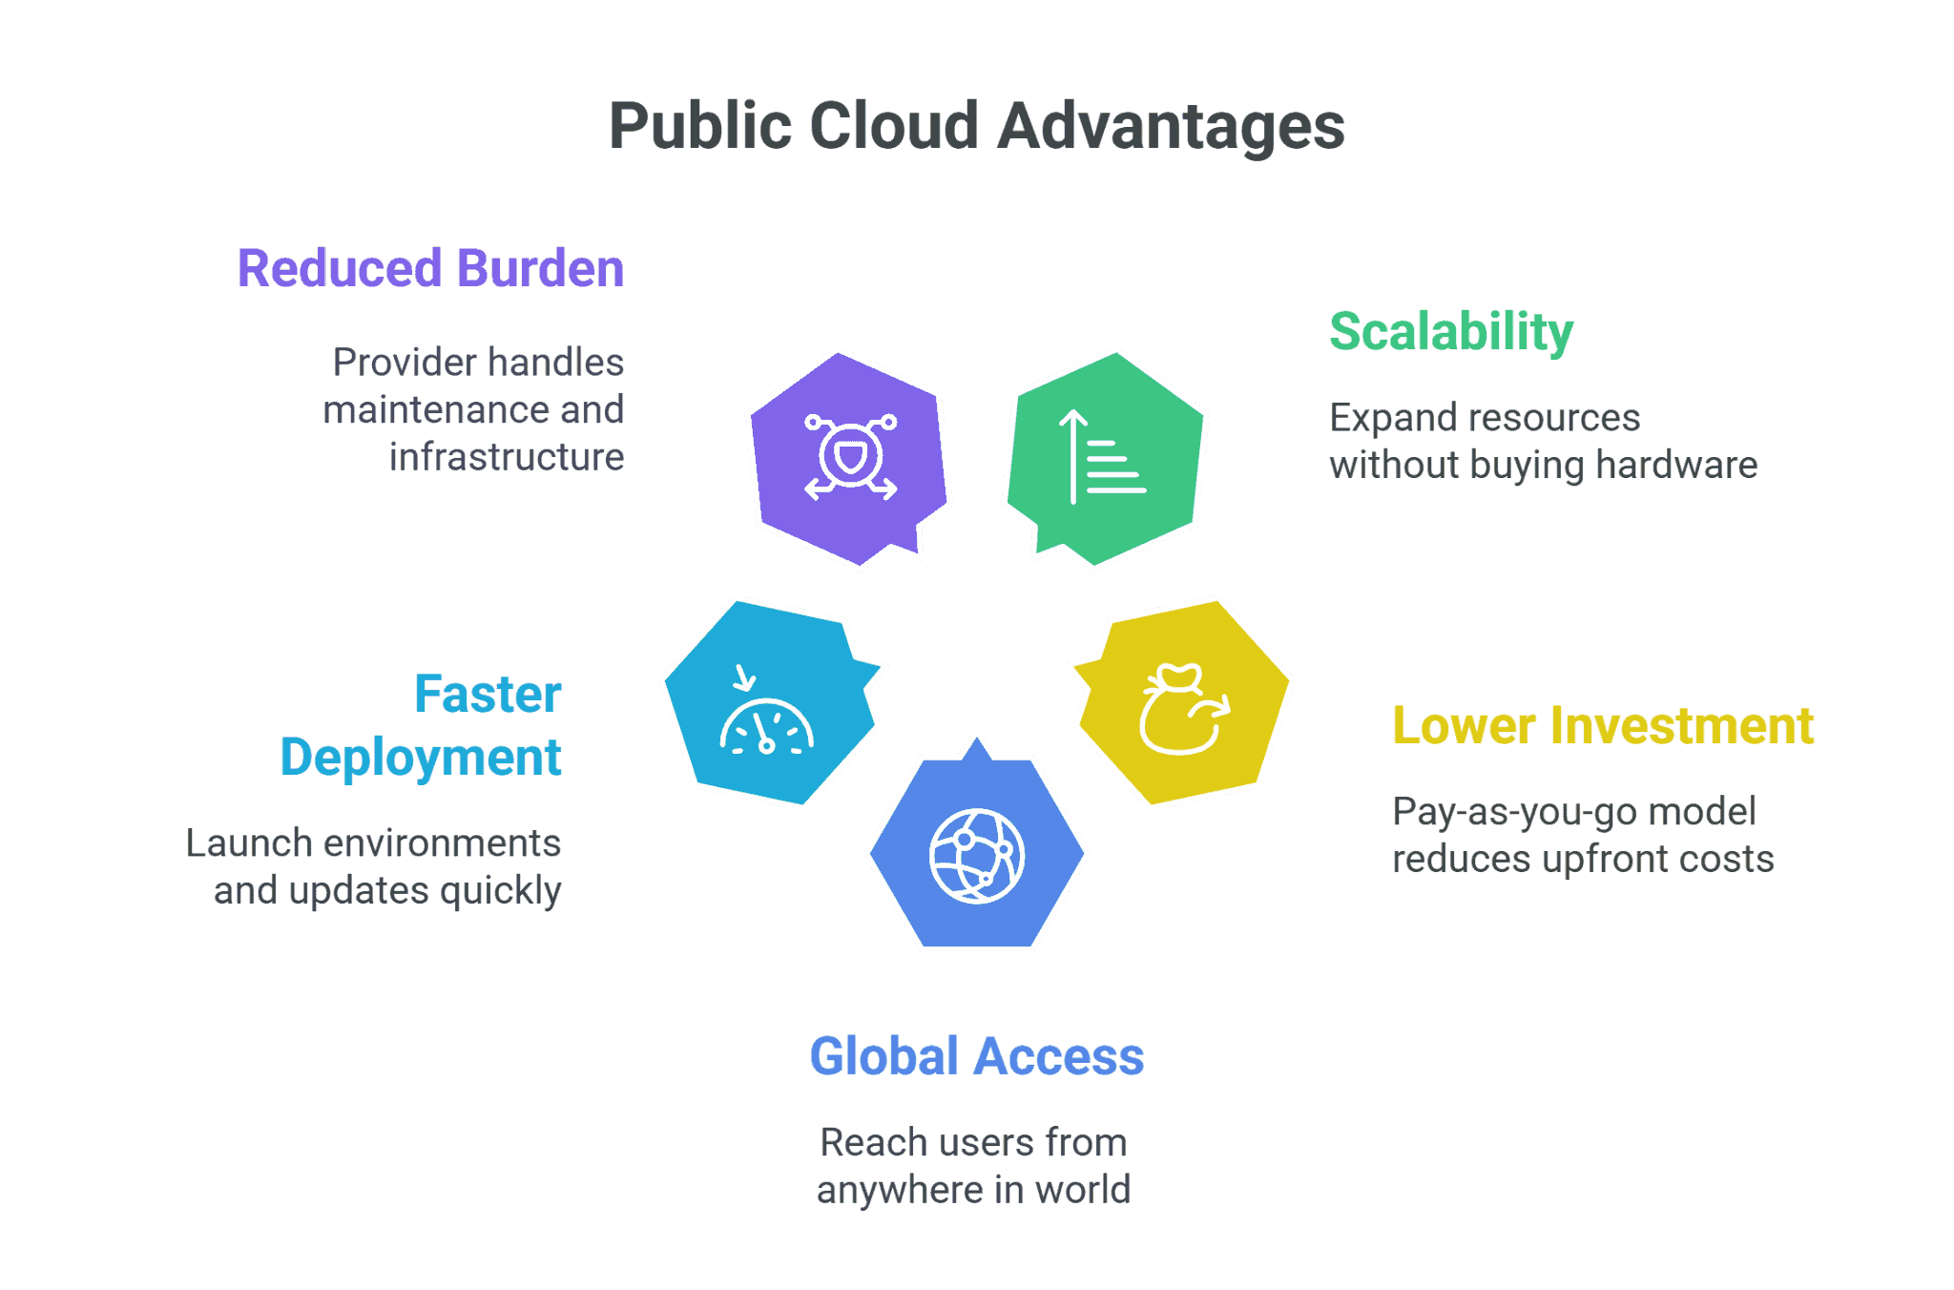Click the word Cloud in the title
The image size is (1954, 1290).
click(x=894, y=126)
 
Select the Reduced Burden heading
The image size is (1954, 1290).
click(x=430, y=268)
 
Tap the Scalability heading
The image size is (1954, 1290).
click(x=1451, y=332)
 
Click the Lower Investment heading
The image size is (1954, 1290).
click(x=1603, y=726)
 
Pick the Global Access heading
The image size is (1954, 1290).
click(x=976, y=1057)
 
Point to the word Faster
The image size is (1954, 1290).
click(x=488, y=694)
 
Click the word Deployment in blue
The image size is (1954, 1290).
click(x=421, y=758)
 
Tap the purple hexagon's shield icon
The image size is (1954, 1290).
click(x=850, y=456)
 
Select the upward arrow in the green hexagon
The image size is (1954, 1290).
click(x=1073, y=456)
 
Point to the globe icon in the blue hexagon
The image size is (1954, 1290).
click(x=977, y=855)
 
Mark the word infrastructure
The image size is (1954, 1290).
click(x=507, y=457)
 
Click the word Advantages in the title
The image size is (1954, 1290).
click(x=1172, y=126)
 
